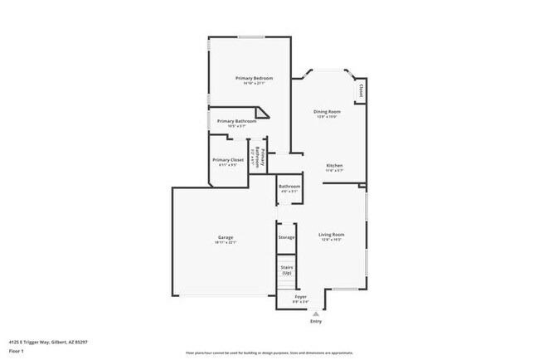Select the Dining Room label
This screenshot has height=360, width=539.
click(x=327, y=111)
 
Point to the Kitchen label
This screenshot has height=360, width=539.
click(x=334, y=165)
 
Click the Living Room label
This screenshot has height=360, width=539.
click(x=332, y=235)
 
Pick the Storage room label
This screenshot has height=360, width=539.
click(x=286, y=237)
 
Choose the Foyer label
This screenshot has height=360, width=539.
click(x=301, y=296)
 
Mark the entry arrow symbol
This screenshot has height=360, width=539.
click(x=315, y=314)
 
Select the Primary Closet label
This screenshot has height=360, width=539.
click(x=227, y=159)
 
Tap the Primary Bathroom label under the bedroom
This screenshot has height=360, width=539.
click(x=236, y=121)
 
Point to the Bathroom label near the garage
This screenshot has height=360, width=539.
click(x=289, y=186)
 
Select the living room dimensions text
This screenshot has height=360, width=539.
click(x=332, y=241)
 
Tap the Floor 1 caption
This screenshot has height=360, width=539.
click(x=17, y=352)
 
